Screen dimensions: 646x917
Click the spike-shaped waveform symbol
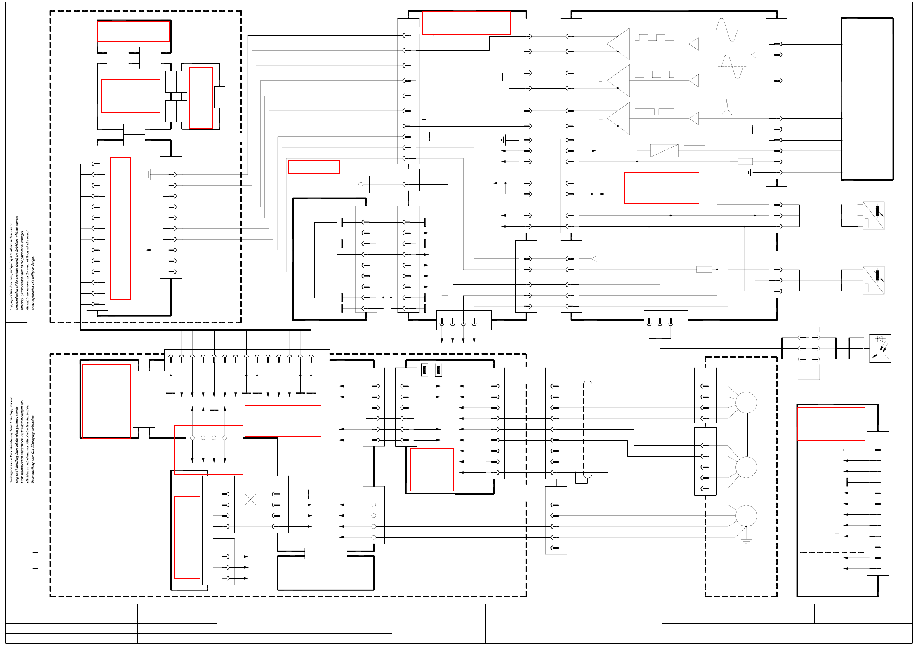(x=727, y=108)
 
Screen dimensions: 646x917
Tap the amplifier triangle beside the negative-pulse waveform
(x=619, y=119)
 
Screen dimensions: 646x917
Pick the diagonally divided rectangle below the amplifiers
(x=664, y=151)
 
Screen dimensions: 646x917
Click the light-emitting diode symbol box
(x=880, y=348)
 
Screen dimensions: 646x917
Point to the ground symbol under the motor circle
(x=746, y=540)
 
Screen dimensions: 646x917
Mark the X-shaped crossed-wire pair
(x=251, y=499)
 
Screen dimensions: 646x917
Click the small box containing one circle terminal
(x=354, y=184)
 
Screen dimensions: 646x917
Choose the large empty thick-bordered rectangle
(x=867, y=99)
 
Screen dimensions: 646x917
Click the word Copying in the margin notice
(x=12, y=303)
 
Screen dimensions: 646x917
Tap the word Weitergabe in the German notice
(x=12, y=472)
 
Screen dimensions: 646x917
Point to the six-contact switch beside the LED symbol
(x=809, y=348)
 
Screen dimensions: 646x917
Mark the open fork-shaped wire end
(x=594, y=259)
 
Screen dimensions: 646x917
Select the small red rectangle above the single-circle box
(x=314, y=167)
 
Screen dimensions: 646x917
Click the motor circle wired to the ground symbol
(x=746, y=515)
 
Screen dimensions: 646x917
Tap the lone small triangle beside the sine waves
(x=753, y=55)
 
